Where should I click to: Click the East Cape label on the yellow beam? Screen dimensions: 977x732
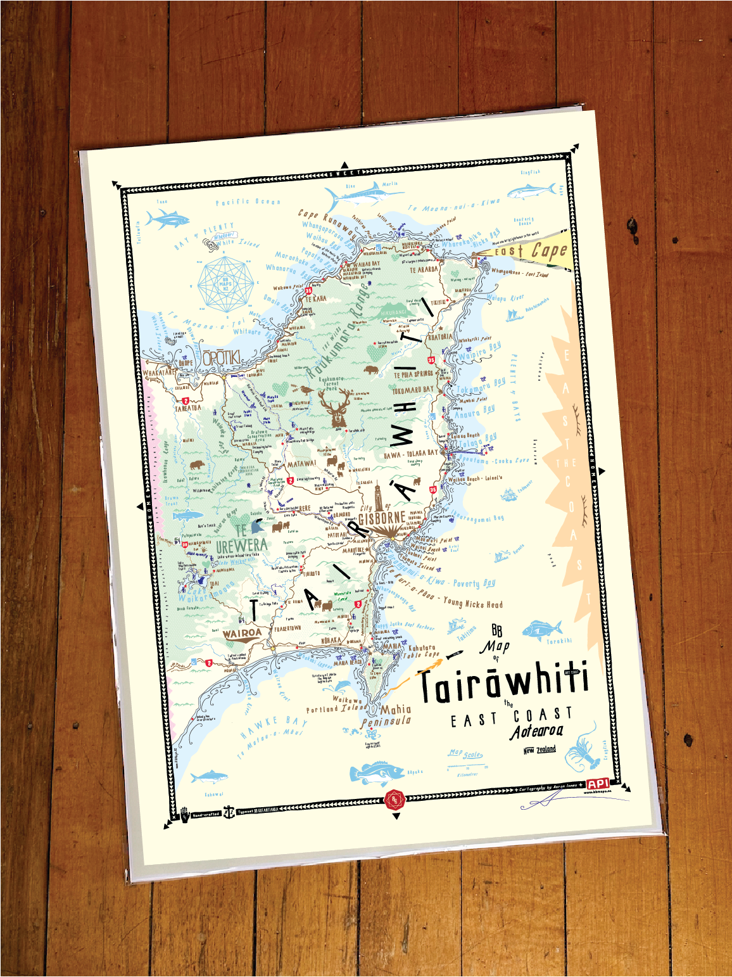click(532, 251)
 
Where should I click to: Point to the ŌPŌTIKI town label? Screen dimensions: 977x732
click(221, 358)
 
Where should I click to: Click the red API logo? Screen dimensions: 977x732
click(598, 784)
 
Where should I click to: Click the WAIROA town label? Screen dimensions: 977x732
click(242, 632)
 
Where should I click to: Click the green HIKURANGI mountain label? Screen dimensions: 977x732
click(393, 312)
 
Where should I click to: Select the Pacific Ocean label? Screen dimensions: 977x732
click(248, 201)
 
